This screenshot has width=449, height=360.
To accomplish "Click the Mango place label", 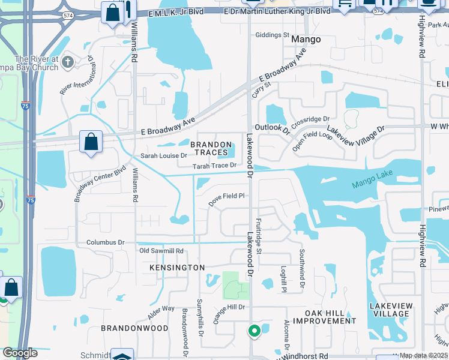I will click(x=306, y=39).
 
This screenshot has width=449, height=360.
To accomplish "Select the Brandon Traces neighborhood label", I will click(x=211, y=148).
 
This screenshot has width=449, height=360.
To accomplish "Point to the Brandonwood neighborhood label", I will click(x=134, y=328).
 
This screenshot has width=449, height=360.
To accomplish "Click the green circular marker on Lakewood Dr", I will click(x=254, y=330).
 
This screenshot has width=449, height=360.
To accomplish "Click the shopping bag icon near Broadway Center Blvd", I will click(x=91, y=142).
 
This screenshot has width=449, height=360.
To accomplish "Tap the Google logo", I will click(x=19, y=353).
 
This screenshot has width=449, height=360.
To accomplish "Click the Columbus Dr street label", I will click(x=105, y=242).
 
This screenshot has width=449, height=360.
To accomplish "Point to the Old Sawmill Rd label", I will click(x=161, y=250).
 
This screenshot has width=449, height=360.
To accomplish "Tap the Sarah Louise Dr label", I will click(x=164, y=155).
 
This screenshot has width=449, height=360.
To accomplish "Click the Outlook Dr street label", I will click(x=273, y=128).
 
